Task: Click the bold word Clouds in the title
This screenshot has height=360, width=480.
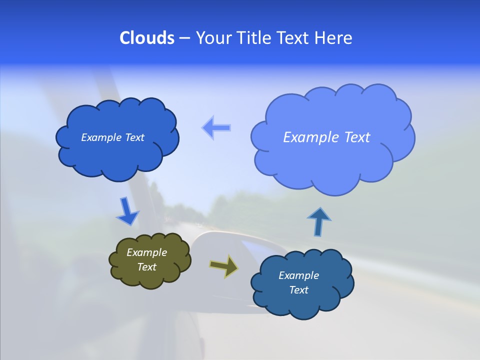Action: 146,38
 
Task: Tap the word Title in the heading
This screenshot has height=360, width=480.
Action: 254,38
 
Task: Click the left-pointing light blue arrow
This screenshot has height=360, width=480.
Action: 216,127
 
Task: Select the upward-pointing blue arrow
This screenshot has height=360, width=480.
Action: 319,220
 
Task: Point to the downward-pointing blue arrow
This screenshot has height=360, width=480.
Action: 127,211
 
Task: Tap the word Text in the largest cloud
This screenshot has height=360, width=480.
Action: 357,137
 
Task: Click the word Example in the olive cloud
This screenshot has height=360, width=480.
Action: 146,252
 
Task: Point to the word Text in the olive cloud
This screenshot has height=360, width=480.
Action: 146,267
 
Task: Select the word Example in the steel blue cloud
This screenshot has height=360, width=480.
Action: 298,275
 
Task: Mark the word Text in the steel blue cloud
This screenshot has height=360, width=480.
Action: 298,290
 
